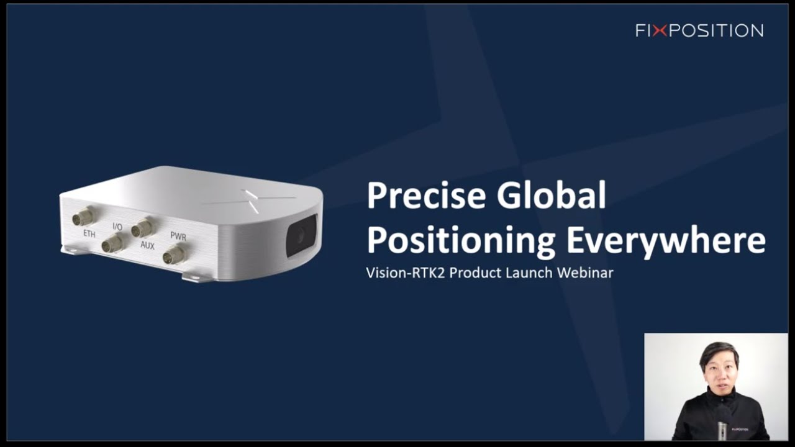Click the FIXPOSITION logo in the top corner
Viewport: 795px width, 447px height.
coord(699,30)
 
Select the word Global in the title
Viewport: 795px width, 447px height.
coord(551,196)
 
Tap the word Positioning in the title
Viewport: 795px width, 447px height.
coord(460,241)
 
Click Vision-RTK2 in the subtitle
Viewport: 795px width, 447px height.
coord(405,273)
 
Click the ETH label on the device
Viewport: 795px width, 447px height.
coord(89,234)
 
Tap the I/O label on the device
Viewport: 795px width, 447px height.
coord(117,227)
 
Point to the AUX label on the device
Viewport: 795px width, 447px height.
coord(147,245)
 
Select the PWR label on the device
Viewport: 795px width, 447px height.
coord(178,237)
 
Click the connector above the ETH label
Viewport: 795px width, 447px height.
coord(83,217)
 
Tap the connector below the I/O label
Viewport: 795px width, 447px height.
coord(112,243)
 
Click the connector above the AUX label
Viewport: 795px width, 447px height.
coord(142,228)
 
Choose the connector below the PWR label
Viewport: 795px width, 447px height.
coord(173,255)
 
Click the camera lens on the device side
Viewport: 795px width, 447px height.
coord(300,235)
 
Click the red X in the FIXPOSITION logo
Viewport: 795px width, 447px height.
coord(660,30)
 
